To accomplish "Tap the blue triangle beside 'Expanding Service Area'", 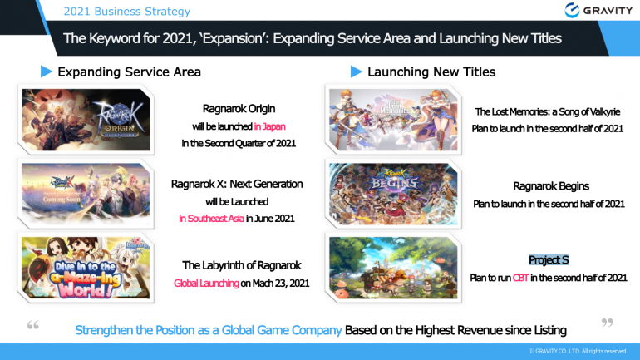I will click(47, 72).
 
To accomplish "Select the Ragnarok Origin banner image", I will click(86, 120).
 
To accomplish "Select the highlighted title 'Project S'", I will click(548, 260).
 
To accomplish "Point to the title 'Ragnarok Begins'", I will click(549, 186).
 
